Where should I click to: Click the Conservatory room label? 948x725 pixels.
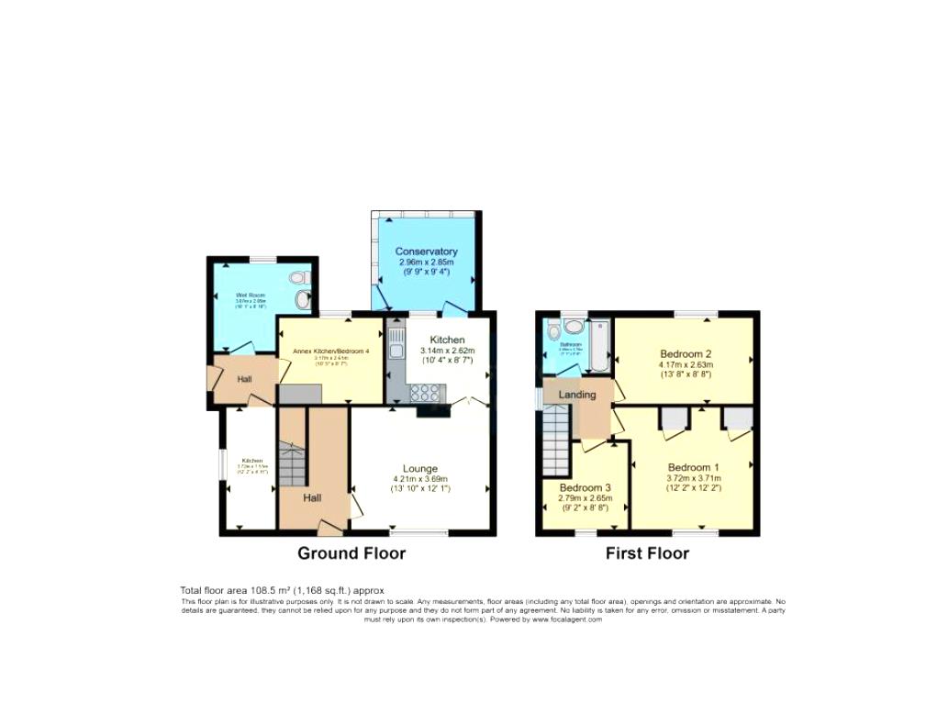[426, 251]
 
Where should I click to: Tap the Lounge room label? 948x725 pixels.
[419, 468]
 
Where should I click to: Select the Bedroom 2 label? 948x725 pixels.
[686, 353]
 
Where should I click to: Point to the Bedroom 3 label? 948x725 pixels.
[585, 487]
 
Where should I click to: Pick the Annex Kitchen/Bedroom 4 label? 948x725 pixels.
[330, 351]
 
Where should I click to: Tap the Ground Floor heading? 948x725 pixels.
[351, 553]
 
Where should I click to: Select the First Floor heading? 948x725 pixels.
[647, 553]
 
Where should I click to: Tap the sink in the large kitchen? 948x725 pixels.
[396, 347]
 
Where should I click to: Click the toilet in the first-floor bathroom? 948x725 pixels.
[552, 332]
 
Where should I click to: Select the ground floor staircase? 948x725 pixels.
[291, 466]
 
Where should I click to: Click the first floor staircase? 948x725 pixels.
[558, 441]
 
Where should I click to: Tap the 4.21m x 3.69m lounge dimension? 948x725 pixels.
[419, 479]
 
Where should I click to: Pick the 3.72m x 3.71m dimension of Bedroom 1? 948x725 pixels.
[694, 478]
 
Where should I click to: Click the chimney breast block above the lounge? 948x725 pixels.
[433, 412]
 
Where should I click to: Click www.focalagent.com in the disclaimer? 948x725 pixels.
[566, 619]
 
